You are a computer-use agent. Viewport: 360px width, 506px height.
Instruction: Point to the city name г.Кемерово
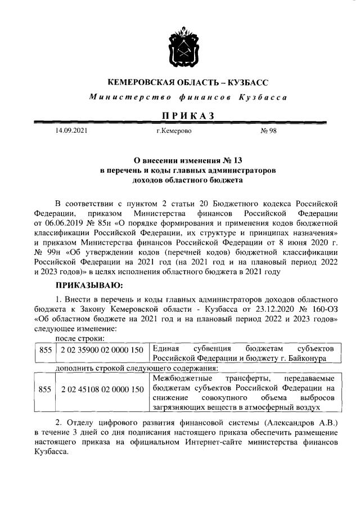pos(174,132)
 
